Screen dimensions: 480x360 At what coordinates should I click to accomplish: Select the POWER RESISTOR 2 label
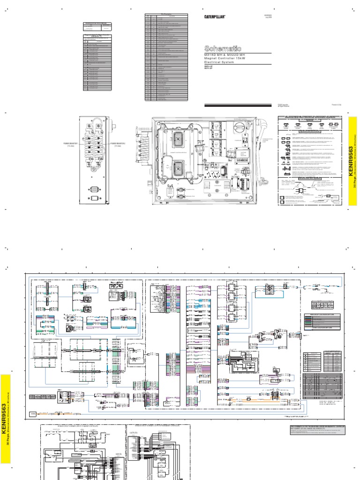coord(118,143)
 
